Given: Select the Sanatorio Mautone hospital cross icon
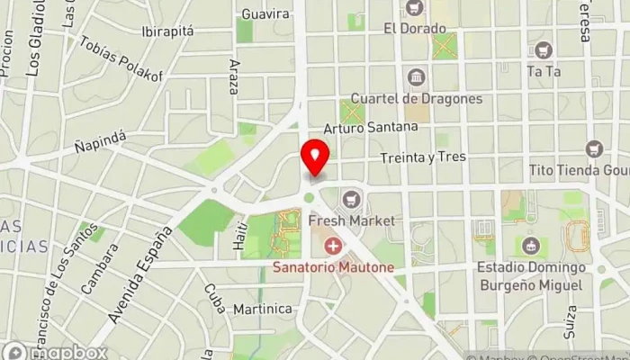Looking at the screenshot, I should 333,246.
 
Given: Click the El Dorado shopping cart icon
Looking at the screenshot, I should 415,8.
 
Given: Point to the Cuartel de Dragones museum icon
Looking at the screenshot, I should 416,77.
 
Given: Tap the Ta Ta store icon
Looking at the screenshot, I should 543,49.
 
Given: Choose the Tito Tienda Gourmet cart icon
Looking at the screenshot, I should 593,148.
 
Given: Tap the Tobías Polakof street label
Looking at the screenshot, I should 121,60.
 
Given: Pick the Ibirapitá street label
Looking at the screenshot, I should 167,31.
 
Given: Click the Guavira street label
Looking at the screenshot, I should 265,13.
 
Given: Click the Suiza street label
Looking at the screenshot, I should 571,319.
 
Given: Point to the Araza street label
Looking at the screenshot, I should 234,77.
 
